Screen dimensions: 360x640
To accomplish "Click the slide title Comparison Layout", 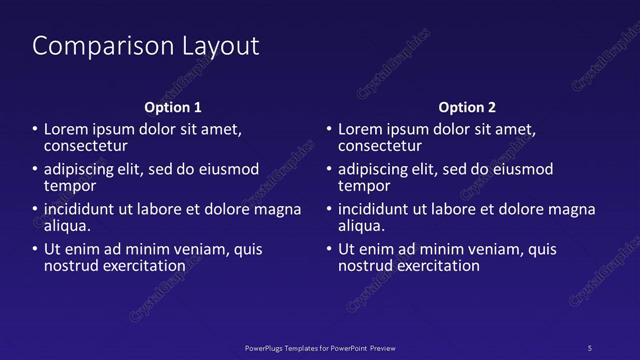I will coord(146,46).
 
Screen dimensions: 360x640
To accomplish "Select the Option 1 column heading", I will coord(173,107).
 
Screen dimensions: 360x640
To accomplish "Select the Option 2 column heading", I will coord(467,107).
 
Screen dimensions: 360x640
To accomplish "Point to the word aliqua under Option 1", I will coord(68,226).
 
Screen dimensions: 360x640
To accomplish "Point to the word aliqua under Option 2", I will coord(362,226).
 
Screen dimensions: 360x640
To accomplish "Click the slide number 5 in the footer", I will coord(589,347).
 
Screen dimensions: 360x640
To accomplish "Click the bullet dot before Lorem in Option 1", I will coord(35,130).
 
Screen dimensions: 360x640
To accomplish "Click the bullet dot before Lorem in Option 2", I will coord(329,130).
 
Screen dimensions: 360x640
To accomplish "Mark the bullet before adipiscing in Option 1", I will coord(35,170).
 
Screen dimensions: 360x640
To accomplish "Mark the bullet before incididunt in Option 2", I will coord(329,210).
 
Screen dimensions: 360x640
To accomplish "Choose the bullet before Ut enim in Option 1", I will coord(35,250).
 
